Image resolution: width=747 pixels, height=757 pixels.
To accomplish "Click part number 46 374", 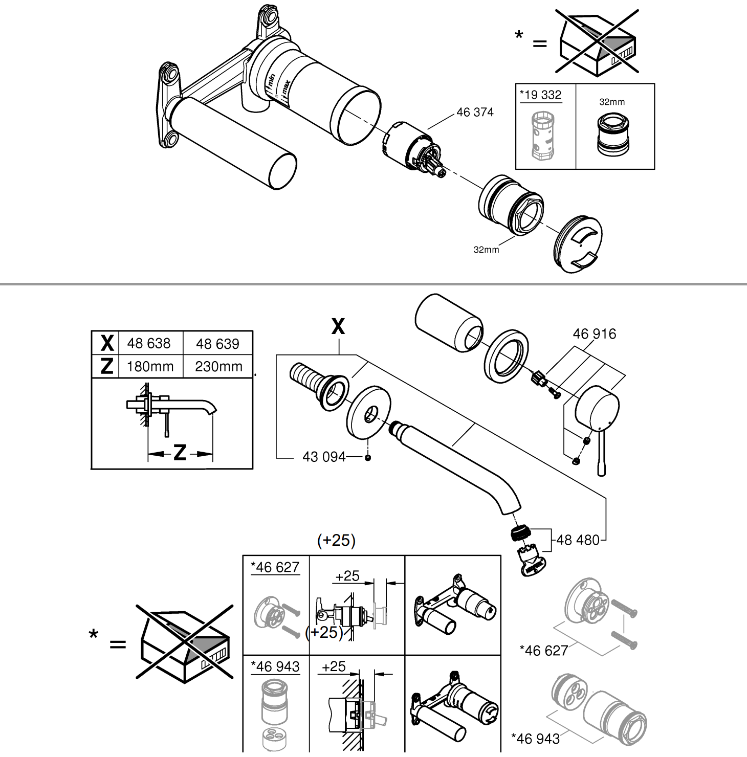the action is (475, 112).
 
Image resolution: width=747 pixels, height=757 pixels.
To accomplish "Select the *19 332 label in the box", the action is (541, 95).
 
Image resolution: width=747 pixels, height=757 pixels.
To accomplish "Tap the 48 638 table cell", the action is (149, 343).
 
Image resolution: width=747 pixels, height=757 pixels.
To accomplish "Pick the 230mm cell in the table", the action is (218, 367).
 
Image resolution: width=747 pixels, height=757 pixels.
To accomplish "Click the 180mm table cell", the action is (150, 367).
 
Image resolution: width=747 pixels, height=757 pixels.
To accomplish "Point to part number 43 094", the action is (324, 457).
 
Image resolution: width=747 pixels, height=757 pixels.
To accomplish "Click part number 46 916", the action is (595, 334).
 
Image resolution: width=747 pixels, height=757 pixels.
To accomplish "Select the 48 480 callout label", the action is (578, 540).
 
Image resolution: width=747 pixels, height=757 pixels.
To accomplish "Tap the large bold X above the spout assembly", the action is (338, 326).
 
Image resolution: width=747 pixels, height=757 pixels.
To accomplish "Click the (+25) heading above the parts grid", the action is (336, 541).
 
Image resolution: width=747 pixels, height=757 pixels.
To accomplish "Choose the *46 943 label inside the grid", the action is (275, 667).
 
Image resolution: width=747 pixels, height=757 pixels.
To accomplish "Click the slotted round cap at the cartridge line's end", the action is (578, 243).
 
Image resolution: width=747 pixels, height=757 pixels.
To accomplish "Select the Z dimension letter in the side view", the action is (180, 453).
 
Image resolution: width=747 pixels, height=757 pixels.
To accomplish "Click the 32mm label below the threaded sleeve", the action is (486, 250).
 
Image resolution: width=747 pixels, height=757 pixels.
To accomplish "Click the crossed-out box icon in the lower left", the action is (185, 643).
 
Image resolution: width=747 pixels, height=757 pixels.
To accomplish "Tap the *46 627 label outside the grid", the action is (544, 651).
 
